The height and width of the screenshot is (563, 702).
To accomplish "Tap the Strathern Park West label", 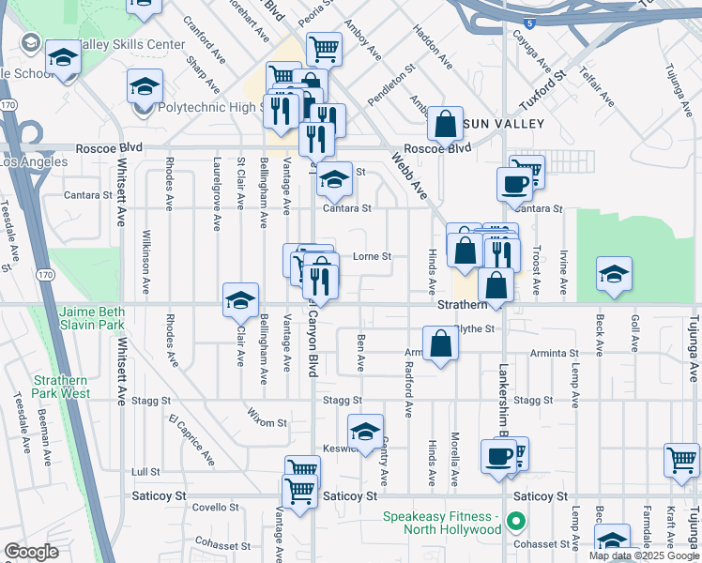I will tap(62, 387).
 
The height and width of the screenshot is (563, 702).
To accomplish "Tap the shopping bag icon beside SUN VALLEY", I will tap(446, 123).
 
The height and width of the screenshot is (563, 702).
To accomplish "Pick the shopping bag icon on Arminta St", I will tap(440, 343).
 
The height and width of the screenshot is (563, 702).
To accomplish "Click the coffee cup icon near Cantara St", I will tap(514, 183).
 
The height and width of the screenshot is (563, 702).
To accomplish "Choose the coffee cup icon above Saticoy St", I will tap(498, 456).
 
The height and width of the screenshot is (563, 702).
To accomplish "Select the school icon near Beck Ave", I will tap(614, 274).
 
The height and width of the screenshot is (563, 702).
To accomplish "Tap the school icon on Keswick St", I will tap(365, 431).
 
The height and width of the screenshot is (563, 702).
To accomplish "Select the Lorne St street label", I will tap(372, 256).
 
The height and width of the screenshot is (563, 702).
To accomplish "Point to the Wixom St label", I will tap(267, 422).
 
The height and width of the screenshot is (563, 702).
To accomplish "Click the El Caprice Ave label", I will tap(191, 438).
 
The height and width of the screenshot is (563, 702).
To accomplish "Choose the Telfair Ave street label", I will tap(596, 85).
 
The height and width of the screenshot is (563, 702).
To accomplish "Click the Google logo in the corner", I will tap(31, 552).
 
